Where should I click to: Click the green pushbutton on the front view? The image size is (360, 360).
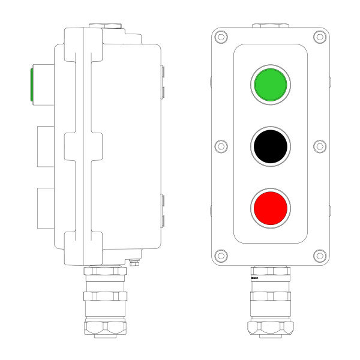click(x=270, y=85)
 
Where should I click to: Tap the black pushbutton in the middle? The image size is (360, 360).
click(x=270, y=146)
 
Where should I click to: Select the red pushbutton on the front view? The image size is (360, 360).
click(x=270, y=207)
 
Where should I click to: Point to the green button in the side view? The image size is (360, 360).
click(x=31, y=85)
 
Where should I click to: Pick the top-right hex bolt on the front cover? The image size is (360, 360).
click(x=317, y=37)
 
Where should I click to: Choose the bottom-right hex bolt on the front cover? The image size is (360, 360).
click(x=317, y=255)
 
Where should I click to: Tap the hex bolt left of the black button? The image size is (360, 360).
click(x=220, y=146)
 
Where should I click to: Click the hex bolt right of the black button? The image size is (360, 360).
click(x=320, y=146)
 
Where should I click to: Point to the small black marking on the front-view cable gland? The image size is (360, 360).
click(x=254, y=279)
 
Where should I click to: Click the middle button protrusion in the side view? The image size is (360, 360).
click(x=46, y=146)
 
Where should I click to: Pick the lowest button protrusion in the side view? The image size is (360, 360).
click(x=46, y=208)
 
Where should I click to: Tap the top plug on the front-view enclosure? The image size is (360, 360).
click(x=270, y=26)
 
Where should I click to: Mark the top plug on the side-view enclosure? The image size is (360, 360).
click(x=106, y=26)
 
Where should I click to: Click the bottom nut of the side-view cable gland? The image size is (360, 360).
click(x=106, y=328)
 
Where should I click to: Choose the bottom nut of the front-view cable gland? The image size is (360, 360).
click(x=270, y=328)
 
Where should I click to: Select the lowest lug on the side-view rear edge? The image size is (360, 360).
click(x=163, y=220)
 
